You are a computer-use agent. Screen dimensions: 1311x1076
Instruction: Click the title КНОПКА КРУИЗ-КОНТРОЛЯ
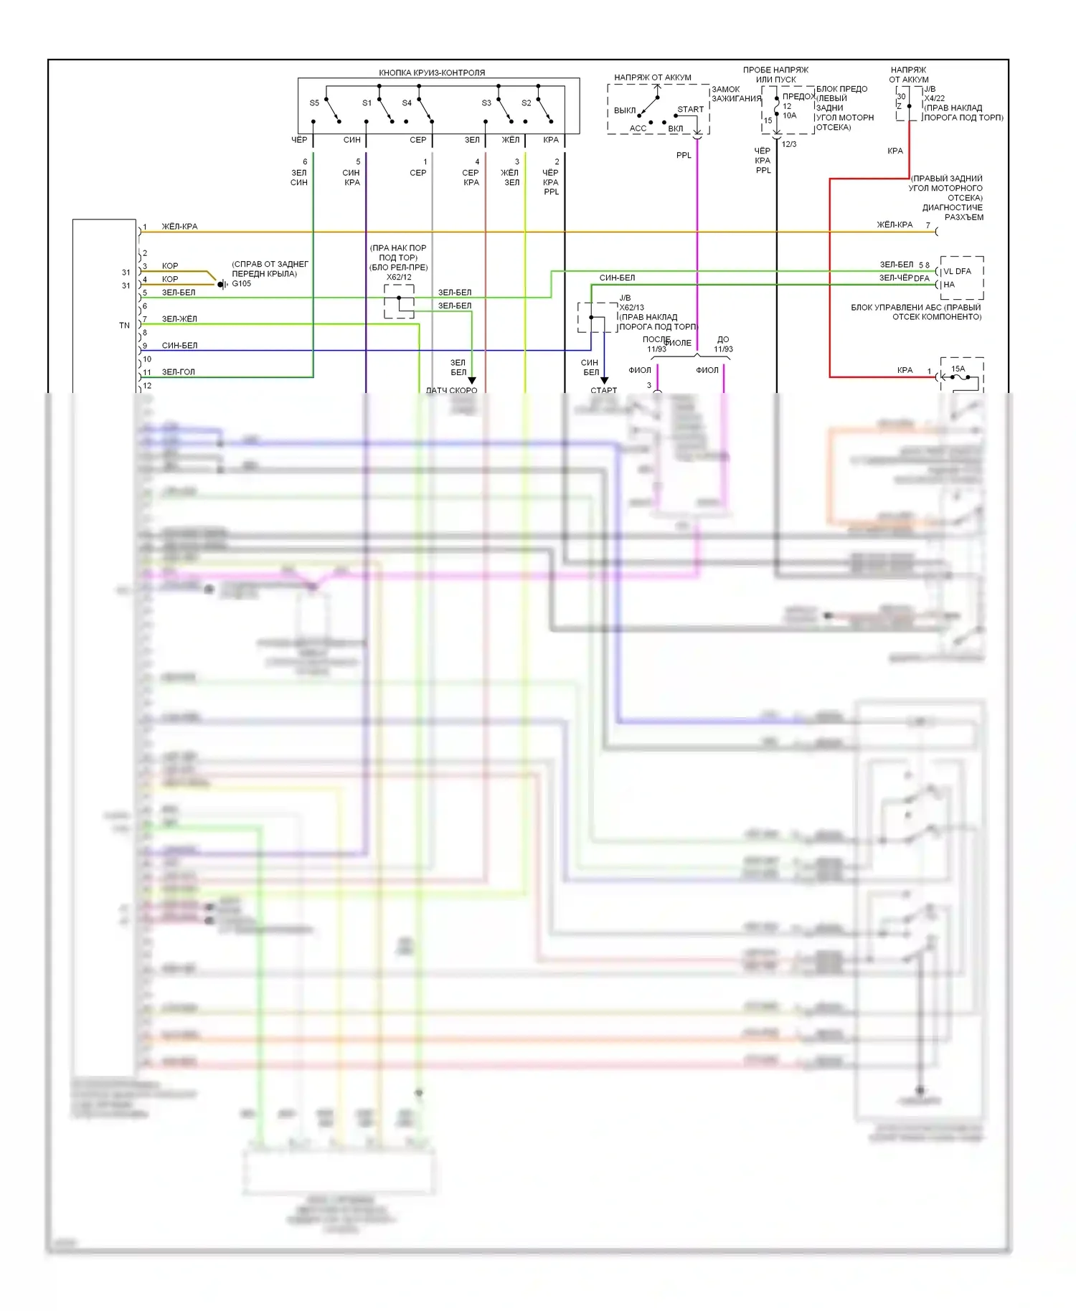432,72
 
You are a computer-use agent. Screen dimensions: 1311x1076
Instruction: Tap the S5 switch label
314,103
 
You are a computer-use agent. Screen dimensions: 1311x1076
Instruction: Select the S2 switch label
527,103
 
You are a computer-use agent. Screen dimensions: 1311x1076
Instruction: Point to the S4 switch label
407,103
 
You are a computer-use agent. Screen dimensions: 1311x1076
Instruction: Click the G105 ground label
242,284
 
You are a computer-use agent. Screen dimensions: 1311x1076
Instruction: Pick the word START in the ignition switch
690,110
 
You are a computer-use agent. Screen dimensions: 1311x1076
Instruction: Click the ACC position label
638,129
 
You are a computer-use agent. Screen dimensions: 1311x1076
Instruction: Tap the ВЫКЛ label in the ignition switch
625,110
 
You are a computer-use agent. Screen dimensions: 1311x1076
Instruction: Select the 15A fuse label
958,369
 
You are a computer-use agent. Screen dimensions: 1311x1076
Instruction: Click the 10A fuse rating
789,115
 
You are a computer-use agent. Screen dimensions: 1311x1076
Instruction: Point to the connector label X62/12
399,277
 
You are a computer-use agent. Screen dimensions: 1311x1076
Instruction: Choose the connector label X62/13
631,308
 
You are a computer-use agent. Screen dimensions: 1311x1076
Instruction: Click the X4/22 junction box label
934,98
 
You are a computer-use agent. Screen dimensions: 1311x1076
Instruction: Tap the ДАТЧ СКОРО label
451,390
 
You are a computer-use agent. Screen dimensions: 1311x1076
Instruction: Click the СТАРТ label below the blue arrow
603,390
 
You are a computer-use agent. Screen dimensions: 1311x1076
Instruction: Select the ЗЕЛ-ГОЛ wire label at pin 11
178,372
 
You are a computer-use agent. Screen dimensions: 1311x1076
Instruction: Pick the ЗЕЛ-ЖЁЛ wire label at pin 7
179,319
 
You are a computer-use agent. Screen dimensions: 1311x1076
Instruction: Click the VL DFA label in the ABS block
957,271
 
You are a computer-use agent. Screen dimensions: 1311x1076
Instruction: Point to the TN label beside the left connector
124,326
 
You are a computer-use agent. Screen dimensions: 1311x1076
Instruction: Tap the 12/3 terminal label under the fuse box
788,144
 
